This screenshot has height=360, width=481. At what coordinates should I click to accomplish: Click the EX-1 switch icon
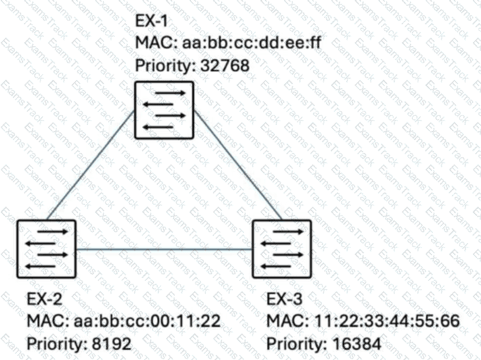coord(164,110)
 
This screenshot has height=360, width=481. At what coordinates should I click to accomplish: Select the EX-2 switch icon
coord(46,249)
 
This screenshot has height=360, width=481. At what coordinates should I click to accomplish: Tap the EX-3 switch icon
coord(282,249)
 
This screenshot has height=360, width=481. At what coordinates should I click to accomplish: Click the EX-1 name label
coord(152,21)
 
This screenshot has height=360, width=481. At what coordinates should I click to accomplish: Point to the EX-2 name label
coord(45,298)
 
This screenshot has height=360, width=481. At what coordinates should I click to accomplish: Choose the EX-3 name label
coord(284,298)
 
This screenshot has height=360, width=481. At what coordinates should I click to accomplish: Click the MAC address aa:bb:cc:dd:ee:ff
coord(252,42)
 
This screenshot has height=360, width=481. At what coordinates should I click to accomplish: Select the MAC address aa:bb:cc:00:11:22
coord(147,321)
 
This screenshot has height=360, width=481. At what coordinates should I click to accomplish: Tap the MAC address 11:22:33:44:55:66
coord(387,321)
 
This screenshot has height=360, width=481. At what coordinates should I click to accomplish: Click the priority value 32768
coord(225,66)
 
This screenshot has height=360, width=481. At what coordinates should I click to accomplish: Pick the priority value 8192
coord(112,343)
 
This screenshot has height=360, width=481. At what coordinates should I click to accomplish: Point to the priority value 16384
coord(357,343)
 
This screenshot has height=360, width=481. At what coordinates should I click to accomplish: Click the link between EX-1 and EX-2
coord(91,166)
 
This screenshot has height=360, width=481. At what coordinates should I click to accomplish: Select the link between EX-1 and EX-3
coord(238,166)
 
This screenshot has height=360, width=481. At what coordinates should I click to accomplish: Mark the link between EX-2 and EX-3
coord(164,249)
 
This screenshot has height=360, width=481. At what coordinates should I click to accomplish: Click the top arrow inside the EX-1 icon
coord(170,93)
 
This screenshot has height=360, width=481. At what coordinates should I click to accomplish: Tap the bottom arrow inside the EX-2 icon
coord(41,266)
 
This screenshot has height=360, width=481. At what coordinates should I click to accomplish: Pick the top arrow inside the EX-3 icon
coord(288,232)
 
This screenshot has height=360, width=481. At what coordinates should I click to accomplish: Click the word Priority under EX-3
coord(296,344)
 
